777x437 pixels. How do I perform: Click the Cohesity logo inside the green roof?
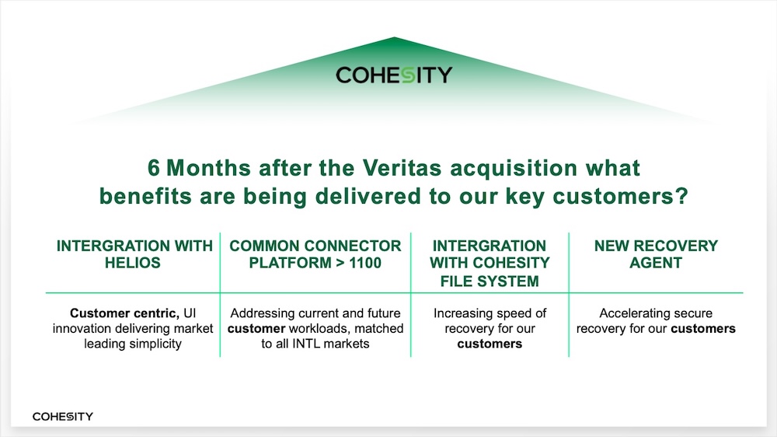394,75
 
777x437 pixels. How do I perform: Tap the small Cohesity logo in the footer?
62,417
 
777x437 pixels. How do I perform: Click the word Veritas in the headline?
402,168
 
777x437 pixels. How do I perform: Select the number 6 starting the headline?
154,168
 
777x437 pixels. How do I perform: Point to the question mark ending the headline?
682,196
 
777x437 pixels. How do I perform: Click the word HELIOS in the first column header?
133,262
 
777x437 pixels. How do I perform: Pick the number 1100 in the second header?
365,262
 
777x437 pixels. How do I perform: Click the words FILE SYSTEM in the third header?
490,281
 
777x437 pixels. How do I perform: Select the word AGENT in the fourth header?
656,262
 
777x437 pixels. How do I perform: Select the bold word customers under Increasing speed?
490,344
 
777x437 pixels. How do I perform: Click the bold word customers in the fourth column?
703,328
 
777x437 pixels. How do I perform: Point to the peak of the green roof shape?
394,37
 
